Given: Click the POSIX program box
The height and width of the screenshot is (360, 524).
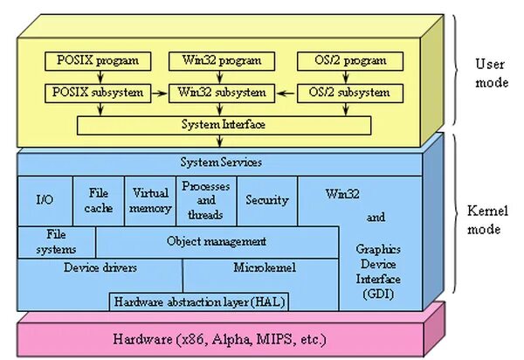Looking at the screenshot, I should pyautogui.click(x=98, y=61).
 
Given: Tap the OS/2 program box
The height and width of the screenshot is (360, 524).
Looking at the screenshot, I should pyautogui.click(x=349, y=61).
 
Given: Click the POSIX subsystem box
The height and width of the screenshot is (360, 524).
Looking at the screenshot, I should pyautogui.click(x=98, y=91).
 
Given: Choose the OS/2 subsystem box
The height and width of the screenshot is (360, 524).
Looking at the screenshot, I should pyautogui.click(x=349, y=91).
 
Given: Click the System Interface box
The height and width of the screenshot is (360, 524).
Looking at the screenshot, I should pyautogui.click(x=224, y=125).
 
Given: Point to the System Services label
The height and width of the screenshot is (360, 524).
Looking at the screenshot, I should pyautogui.click(x=221, y=163).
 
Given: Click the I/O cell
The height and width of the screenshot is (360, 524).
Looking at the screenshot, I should pyautogui.click(x=45, y=200).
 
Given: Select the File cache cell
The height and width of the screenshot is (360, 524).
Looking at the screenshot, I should pyautogui.click(x=99, y=200).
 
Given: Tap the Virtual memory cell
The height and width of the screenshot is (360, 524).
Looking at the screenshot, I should pyautogui.click(x=150, y=200).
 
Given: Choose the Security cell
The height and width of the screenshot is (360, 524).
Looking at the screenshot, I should pyautogui.click(x=266, y=200).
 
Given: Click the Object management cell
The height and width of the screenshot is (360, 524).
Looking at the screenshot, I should pyautogui.click(x=216, y=241).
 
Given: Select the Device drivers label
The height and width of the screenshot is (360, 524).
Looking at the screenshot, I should pyautogui.click(x=100, y=267).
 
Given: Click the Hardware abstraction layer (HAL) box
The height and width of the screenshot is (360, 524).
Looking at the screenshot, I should pyautogui.click(x=199, y=301).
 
